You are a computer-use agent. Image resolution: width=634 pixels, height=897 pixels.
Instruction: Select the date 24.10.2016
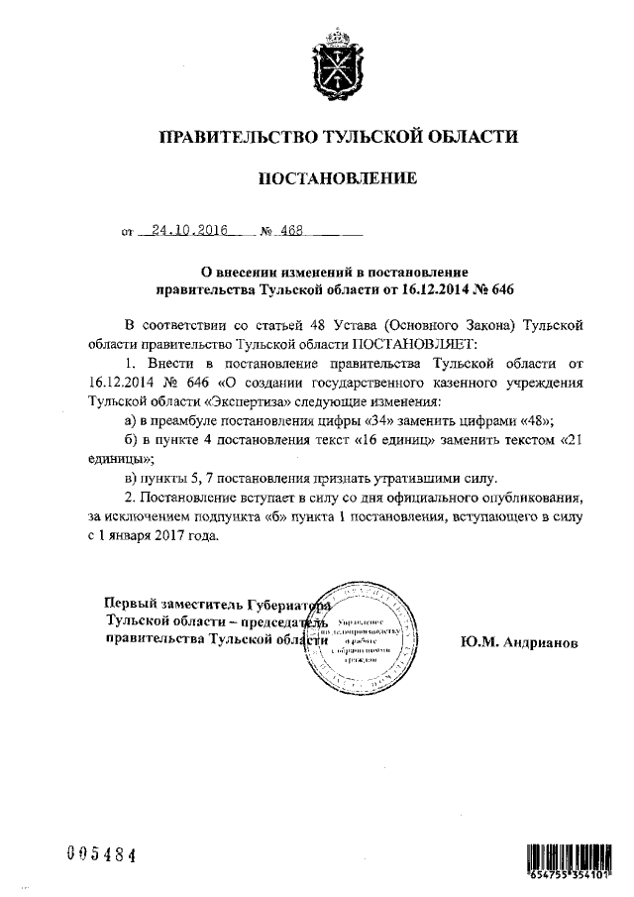184,231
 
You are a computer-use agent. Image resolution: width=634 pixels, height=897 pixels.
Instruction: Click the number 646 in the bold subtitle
502,290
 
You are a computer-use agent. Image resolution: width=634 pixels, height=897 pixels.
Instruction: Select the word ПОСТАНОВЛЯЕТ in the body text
395,342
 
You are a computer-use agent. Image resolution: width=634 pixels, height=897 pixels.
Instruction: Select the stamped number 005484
99,855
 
